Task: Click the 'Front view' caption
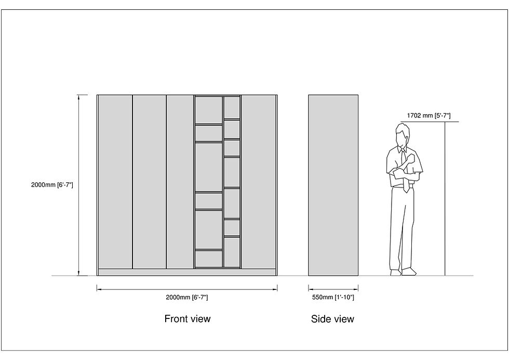point(187,319)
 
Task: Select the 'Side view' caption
point(332,319)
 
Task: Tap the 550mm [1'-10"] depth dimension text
point(333,297)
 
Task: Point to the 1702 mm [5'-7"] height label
point(428,115)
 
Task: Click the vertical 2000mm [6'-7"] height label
point(52,185)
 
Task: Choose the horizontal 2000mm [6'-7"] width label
point(186,297)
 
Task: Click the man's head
point(402,135)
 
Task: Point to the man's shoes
point(403,272)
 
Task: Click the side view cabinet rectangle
point(333,185)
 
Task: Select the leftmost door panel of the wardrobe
point(115,182)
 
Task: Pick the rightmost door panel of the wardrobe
point(259,182)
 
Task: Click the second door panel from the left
point(150,182)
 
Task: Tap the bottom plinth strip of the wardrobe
point(187,272)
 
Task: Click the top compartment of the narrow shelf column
point(232,108)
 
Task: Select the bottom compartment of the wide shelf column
point(208,259)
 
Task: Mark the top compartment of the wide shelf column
point(208,110)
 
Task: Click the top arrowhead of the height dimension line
point(78,97)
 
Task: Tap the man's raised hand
point(411,158)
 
